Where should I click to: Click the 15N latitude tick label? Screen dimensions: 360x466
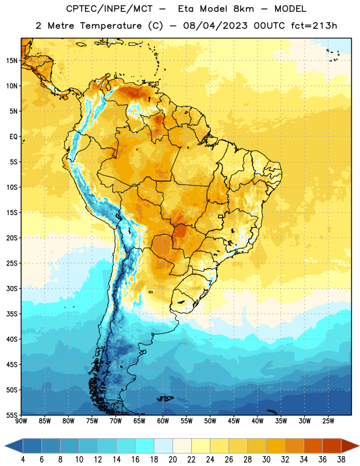pos(12,61)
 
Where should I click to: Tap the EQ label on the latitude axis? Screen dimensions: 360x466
pos(13,137)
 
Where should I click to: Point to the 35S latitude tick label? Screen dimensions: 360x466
pos(12,314)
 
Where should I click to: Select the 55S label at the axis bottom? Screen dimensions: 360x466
pos(12,415)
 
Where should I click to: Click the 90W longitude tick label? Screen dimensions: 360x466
pos(21,421)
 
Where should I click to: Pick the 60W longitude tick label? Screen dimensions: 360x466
pos(163,421)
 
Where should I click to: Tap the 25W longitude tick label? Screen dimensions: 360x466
pos(328,421)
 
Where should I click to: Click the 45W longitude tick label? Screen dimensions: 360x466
pos(234,421)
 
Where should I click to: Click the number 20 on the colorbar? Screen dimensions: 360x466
pos(172,460)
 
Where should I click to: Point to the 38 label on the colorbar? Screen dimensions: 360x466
pos(341,460)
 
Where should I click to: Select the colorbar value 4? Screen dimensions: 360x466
pos(23,460)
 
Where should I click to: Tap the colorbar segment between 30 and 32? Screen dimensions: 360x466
pos(276,446)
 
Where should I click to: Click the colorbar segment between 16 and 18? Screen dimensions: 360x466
pos(145,446)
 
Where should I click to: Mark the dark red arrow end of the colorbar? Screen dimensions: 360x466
pos(350,446)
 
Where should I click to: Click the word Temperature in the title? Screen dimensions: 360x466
pos(111,26)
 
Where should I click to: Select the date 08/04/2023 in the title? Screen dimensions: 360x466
pos(215,26)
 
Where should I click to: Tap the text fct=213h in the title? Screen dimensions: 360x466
pos(314,26)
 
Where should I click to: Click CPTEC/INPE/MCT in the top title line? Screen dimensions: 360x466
pos(110,9)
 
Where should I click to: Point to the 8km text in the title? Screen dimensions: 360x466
pos(243,9)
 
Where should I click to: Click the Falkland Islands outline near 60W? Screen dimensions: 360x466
pos(165,398)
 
